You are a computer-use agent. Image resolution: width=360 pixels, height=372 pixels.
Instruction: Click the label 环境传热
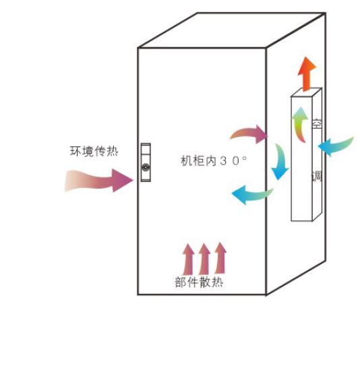[x=94, y=151]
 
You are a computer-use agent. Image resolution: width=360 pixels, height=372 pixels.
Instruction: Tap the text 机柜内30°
[x=214, y=160]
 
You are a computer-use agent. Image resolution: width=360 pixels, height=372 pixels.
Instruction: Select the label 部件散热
[x=199, y=282]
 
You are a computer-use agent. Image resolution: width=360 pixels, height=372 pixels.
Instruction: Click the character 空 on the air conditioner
[x=317, y=123]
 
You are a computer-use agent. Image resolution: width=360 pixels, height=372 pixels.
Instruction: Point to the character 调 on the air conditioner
[x=317, y=176]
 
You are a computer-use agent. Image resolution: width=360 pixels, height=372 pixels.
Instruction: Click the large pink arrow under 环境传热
[x=98, y=181]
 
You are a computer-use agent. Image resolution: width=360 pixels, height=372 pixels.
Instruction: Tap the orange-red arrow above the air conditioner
[x=307, y=74]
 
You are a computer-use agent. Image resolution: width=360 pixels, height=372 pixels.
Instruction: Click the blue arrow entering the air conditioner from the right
[x=336, y=146]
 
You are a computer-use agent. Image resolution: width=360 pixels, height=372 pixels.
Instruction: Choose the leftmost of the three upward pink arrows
[x=188, y=259]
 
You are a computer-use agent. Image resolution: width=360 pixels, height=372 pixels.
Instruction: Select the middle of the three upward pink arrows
[x=204, y=259]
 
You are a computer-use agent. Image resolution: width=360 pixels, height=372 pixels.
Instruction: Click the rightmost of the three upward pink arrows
[x=220, y=258]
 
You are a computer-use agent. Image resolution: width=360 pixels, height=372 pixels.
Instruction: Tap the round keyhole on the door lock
[x=146, y=167]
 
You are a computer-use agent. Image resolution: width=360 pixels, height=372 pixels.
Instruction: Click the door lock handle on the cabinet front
[x=146, y=162]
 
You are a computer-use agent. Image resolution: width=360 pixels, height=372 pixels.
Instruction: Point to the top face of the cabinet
[x=231, y=30]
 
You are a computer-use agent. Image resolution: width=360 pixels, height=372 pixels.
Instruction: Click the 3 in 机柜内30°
[x=223, y=161]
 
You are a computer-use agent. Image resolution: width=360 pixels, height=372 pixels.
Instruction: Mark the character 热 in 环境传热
[x=113, y=151]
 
